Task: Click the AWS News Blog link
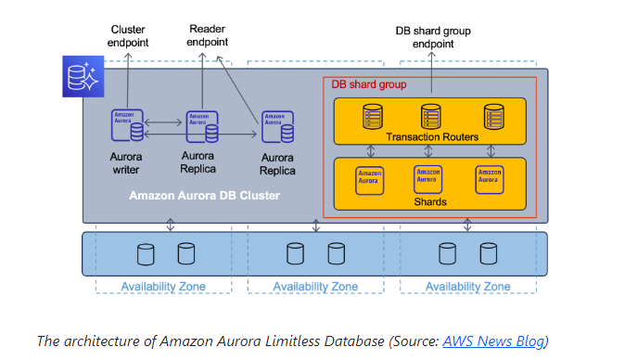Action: point(493,341)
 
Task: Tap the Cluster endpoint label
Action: point(128,36)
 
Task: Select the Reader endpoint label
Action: point(208,35)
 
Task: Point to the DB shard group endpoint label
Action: point(433,37)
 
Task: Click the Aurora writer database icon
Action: point(127,125)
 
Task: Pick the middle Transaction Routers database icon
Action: point(431,116)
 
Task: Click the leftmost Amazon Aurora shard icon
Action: point(369,181)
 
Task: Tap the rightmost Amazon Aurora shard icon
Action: point(490,180)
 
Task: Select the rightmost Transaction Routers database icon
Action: point(494,116)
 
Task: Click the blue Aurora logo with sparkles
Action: point(83,76)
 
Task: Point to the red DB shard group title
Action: point(369,84)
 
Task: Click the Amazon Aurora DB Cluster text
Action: point(205,196)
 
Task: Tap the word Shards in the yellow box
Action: point(430,201)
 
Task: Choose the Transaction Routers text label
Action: point(432,137)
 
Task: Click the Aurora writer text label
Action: point(126,163)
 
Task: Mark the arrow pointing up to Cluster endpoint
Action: point(128,81)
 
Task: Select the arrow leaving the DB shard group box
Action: point(432,72)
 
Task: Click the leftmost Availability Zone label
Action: point(163,287)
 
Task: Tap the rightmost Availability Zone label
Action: point(468,287)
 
